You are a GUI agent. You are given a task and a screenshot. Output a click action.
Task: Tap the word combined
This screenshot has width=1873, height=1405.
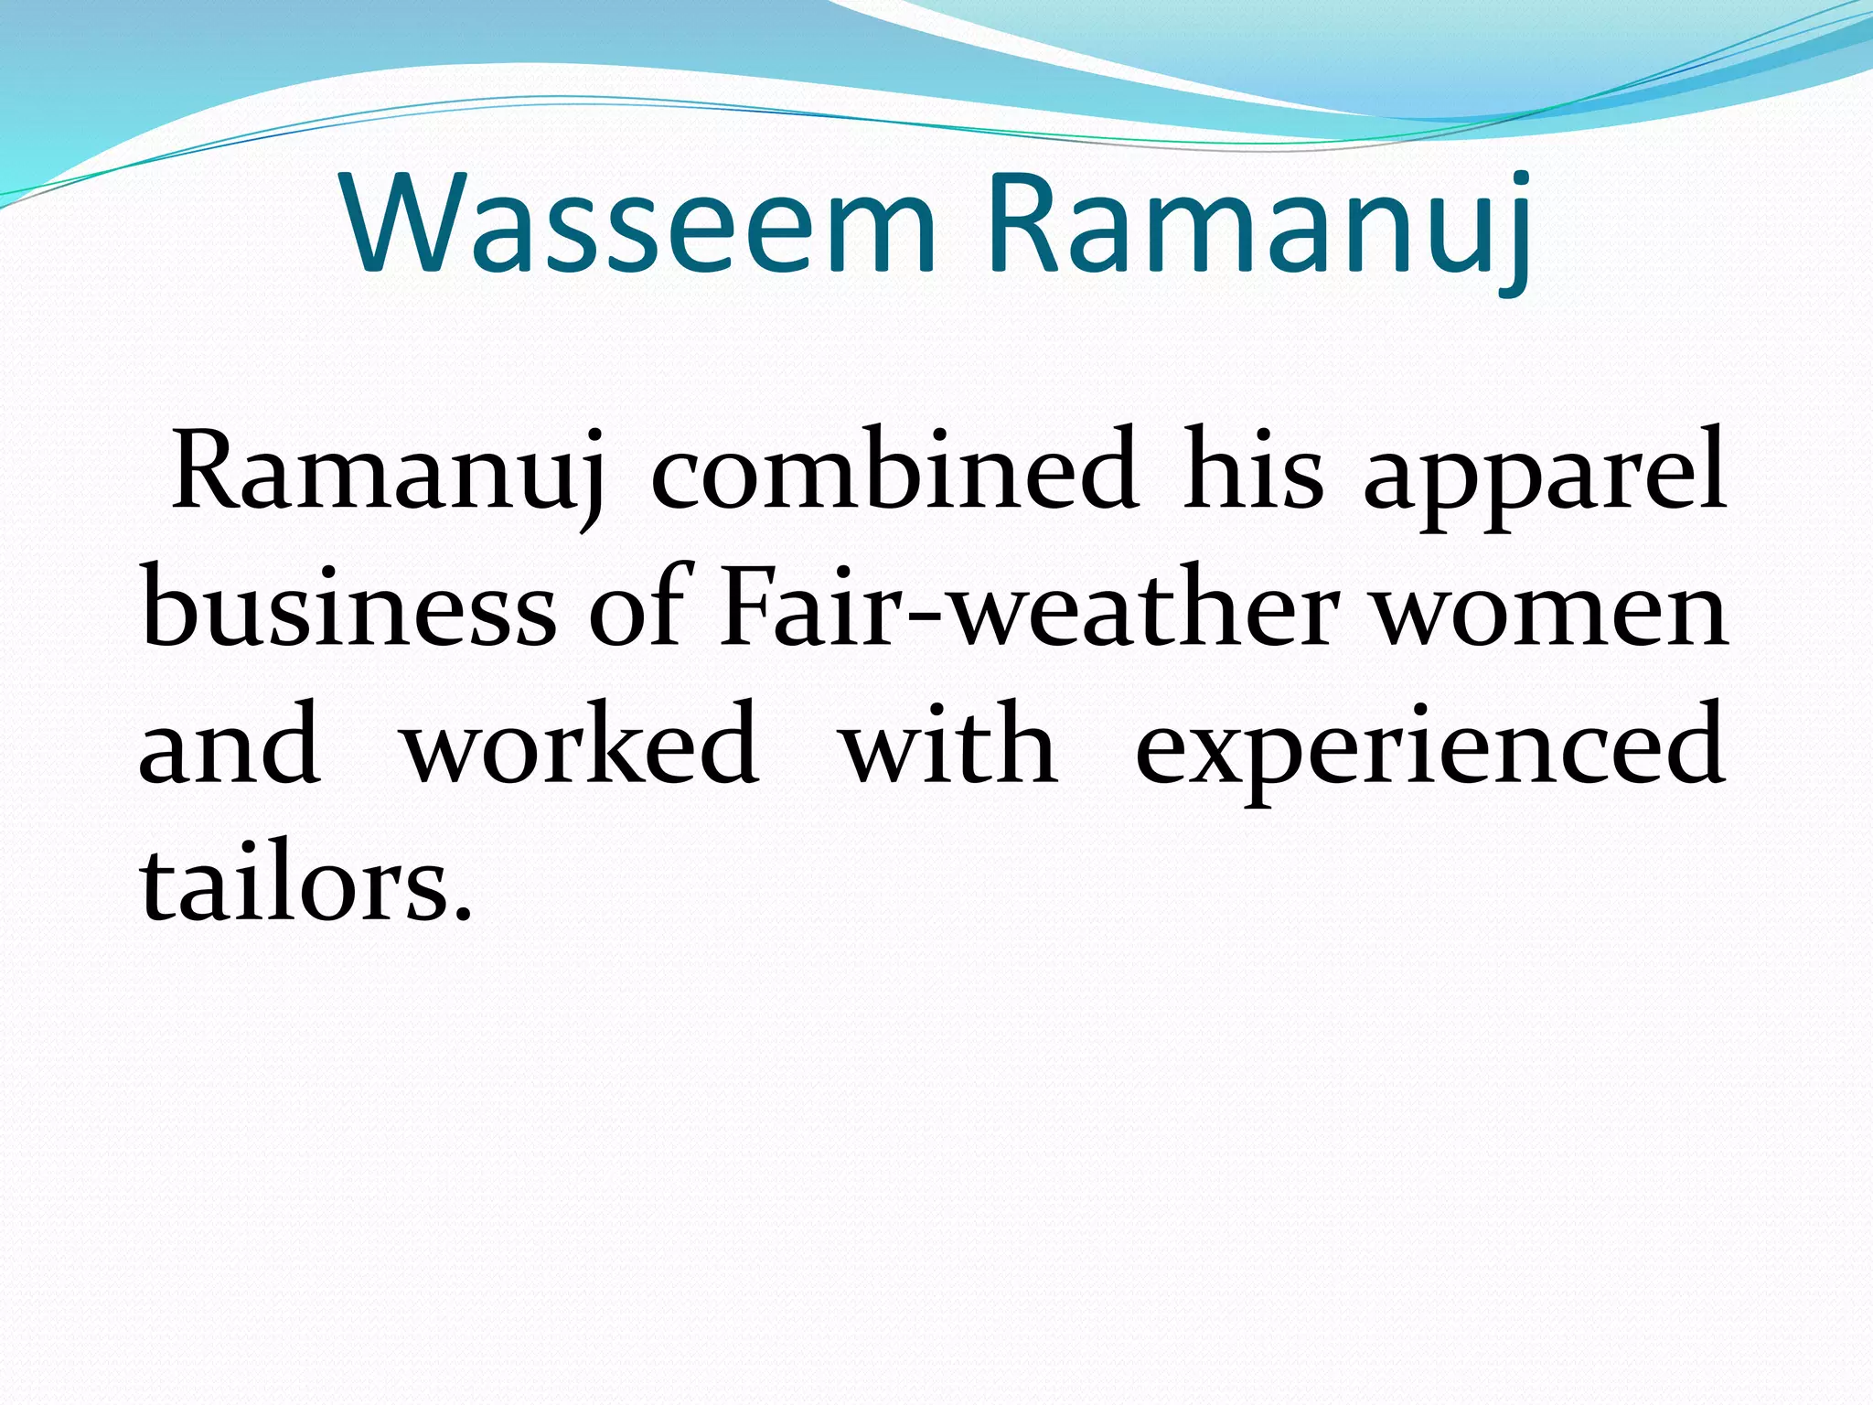click(894, 470)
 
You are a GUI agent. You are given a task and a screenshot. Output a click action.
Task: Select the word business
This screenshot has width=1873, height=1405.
click(348, 607)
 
